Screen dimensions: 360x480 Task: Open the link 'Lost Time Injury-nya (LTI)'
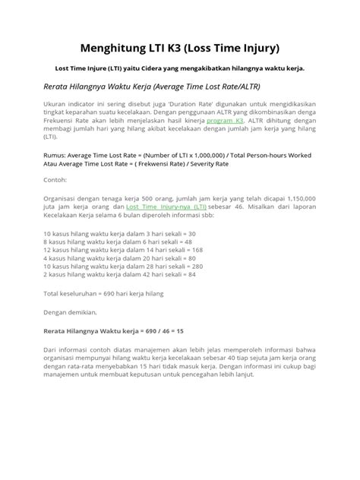point(166,206)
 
